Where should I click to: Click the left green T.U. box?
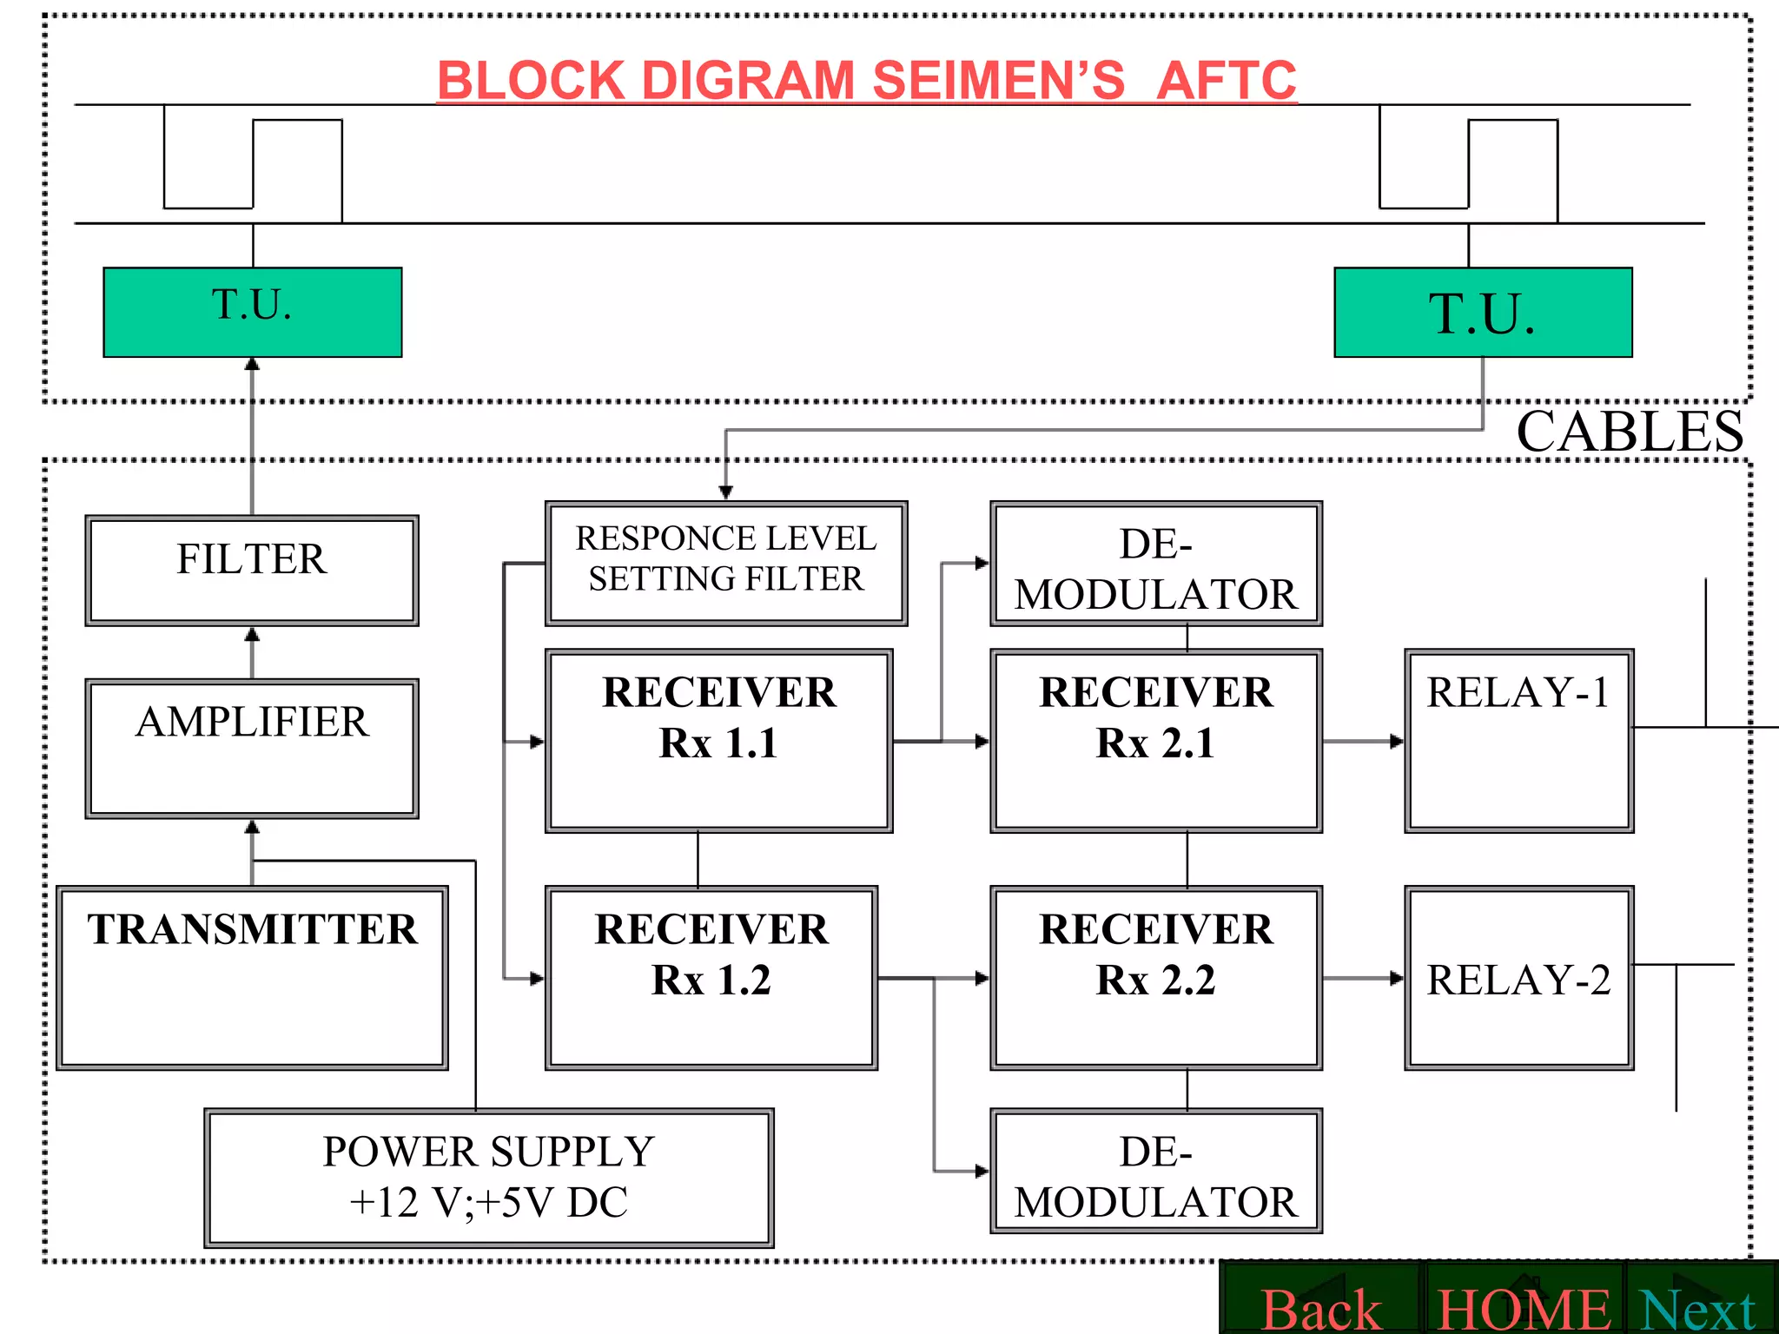[x=252, y=312]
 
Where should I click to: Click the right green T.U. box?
[x=1483, y=312]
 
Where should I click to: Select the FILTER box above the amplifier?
[x=252, y=570]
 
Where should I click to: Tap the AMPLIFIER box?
[x=252, y=748]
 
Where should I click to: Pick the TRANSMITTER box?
[x=252, y=977]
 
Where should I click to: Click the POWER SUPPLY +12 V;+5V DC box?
[x=489, y=1178]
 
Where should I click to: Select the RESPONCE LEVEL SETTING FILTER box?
[x=726, y=563]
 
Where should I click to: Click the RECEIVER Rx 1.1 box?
[x=718, y=741]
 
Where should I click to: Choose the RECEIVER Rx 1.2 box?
[x=711, y=977]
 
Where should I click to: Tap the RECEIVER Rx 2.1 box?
[x=1156, y=741]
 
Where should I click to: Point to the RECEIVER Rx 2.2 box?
[x=1156, y=977]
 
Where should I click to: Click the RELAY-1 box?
[x=1519, y=741]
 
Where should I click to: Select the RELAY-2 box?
[x=1519, y=977]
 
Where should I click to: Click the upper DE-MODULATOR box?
[x=1156, y=563]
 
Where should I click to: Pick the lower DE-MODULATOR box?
[x=1156, y=1171]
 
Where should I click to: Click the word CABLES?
[x=1630, y=432]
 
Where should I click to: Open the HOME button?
[x=1523, y=1308]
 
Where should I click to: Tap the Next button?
[x=1699, y=1308]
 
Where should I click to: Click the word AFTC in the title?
[x=1227, y=81]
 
